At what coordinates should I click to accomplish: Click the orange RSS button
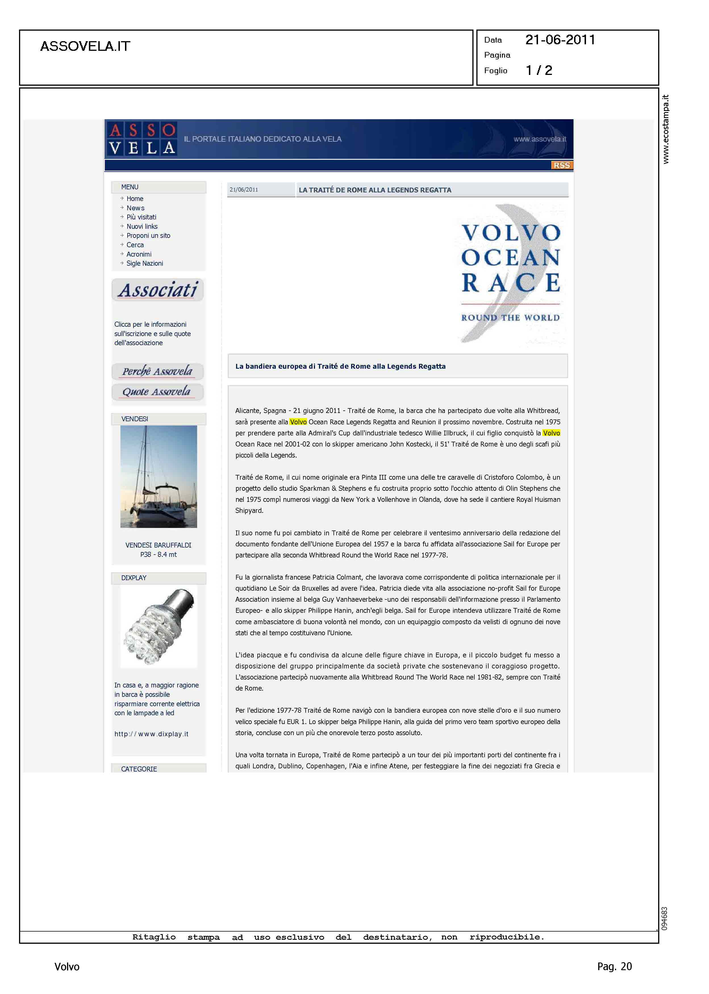(562, 165)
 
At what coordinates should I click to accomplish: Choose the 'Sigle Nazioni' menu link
(145, 263)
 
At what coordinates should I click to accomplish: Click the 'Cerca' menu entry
(135, 245)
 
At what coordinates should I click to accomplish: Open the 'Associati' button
(158, 290)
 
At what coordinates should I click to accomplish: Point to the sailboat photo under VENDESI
(159, 477)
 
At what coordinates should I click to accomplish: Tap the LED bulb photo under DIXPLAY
(159, 626)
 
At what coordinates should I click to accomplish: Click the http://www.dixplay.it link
(151, 734)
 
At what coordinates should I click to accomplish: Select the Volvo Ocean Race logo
(511, 275)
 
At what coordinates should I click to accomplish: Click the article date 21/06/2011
(244, 190)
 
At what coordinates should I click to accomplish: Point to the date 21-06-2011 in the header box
(560, 40)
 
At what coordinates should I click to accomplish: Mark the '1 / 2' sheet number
(539, 70)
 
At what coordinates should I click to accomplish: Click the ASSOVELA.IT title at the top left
(85, 46)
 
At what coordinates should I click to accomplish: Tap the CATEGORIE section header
(139, 769)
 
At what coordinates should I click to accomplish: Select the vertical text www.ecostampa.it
(665, 129)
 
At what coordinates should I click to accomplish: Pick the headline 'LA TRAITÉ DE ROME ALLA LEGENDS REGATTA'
(375, 190)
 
